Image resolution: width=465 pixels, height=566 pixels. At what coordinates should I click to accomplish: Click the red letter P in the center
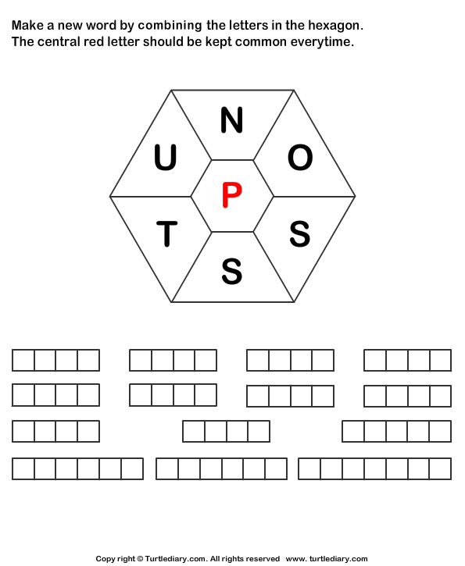tap(231, 195)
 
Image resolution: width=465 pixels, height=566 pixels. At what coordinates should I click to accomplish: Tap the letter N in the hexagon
tap(231, 119)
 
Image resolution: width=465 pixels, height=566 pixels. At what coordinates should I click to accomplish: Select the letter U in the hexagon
tap(165, 158)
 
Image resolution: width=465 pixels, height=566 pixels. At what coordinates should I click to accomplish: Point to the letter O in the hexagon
tap(300, 158)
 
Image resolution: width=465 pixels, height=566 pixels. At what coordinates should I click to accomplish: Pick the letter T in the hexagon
tap(167, 234)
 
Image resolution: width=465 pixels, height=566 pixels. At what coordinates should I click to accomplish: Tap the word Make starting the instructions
tap(27, 25)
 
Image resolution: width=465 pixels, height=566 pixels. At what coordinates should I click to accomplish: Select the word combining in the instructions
tap(170, 26)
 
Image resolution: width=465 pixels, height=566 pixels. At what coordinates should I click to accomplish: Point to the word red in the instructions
tap(94, 42)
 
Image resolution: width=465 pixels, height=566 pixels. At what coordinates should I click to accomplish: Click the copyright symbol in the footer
tap(140, 559)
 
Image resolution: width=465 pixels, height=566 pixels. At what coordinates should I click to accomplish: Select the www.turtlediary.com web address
tap(327, 559)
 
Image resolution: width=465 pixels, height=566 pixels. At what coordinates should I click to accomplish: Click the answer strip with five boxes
tap(397, 431)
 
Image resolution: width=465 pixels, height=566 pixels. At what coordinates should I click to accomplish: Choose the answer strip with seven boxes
tap(374, 468)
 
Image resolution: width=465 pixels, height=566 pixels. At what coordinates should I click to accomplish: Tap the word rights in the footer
tap(231, 559)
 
